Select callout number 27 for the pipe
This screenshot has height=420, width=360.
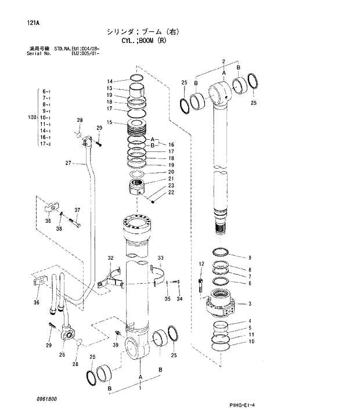pos(67,163)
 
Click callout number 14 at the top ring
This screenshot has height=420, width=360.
pos(109,81)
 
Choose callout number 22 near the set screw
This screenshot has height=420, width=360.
pos(171,193)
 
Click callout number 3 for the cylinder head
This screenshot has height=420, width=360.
pos(249,303)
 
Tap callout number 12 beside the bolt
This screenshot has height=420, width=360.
pos(201,265)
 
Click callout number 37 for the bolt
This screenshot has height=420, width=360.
pos(77,209)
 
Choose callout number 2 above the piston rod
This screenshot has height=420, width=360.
pos(223,61)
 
